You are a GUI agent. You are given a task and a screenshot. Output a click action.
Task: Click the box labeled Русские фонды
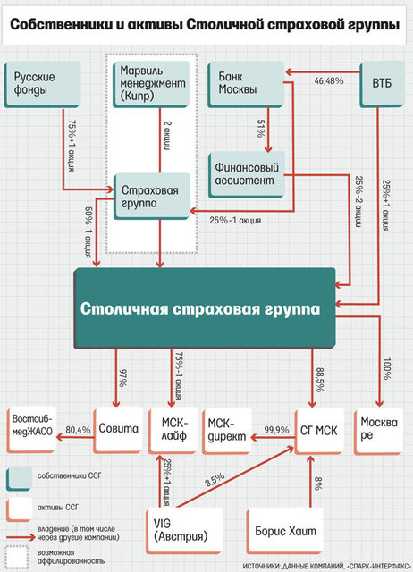(42, 85)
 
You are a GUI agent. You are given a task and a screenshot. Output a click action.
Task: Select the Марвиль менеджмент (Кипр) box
(151, 84)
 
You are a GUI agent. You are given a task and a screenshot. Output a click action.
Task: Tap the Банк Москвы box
(246, 84)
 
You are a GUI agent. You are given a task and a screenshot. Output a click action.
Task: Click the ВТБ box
(382, 84)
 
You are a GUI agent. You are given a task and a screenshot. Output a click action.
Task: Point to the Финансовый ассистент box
(247, 175)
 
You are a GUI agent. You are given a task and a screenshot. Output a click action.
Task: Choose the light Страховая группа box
(152, 197)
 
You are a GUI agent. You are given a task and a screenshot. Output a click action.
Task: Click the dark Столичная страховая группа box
(205, 308)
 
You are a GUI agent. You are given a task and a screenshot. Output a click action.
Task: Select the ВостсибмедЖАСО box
(32, 430)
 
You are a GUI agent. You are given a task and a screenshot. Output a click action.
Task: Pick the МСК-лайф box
(173, 431)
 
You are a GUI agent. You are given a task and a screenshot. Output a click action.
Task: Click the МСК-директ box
(227, 431)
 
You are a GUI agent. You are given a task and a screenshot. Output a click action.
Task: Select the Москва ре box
(379, 431)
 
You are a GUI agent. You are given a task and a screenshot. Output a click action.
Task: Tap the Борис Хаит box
(285, 531)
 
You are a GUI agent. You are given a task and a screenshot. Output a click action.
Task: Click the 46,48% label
(329, 81)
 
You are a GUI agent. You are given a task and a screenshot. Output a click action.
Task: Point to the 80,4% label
(78, 430)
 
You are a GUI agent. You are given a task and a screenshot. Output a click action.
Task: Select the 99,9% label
(276, 430)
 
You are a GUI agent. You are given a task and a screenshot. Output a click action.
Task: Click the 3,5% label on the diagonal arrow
(215, 480)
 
